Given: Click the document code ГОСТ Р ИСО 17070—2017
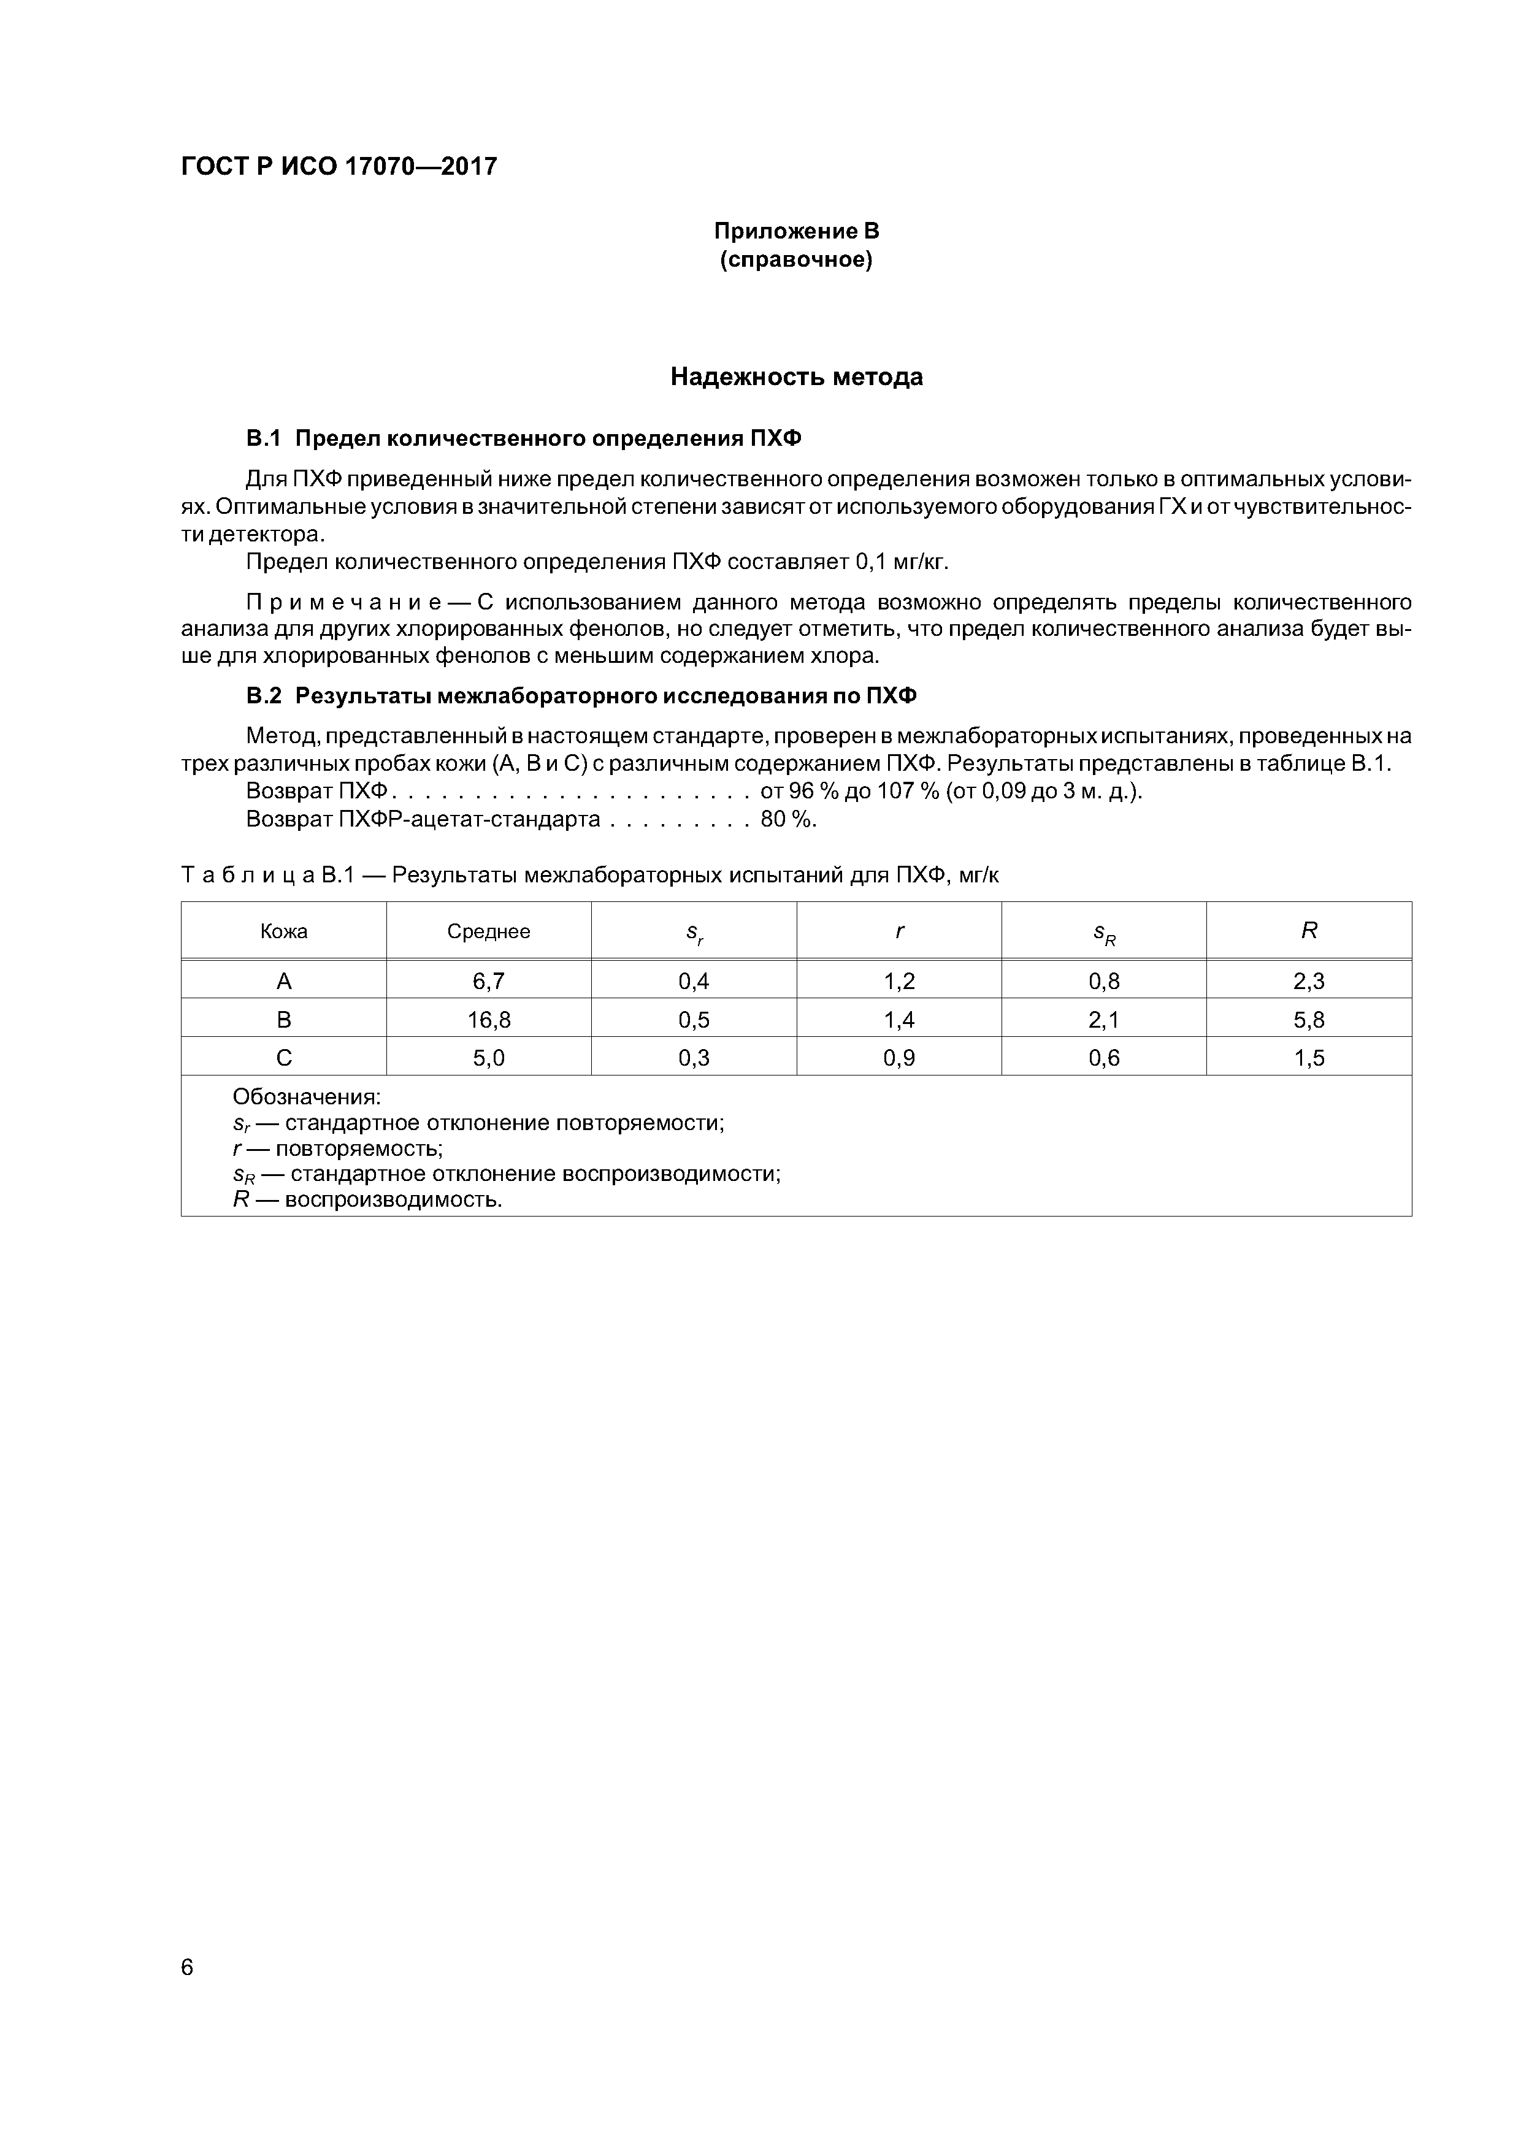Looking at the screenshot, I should pyautogui.click(x=339, y=167).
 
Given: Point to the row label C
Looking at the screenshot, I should pyautogui.click(x=284, y=1058).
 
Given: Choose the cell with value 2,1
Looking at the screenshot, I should pyautogui.click(x=1104, y=1019).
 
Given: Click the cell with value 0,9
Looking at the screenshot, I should pyautogui.click(x=898, y=1058).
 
